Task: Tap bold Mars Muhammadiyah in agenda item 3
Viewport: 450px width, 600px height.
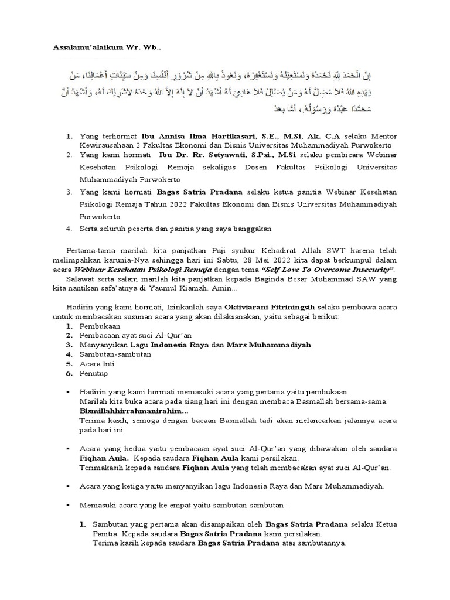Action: [x=268, y=345]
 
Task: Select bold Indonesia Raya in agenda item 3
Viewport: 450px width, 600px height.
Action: [x=180, y=345]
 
